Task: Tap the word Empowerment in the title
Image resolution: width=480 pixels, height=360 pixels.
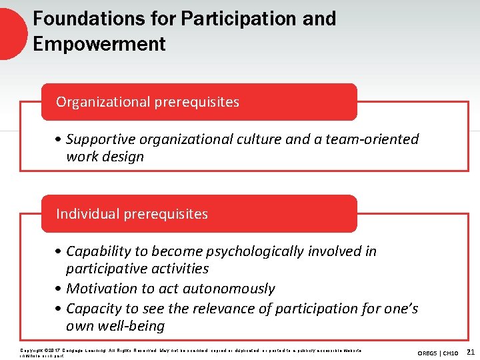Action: coord(99,44)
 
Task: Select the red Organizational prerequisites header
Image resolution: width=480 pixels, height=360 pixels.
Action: coord(199,102)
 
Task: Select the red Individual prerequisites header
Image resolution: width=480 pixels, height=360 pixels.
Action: coord(199,214)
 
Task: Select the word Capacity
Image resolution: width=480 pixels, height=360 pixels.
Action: coord(93,309)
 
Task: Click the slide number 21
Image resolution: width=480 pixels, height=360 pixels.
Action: coord(471,351)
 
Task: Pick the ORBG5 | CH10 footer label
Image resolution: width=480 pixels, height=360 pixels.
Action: coord(437,352)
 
